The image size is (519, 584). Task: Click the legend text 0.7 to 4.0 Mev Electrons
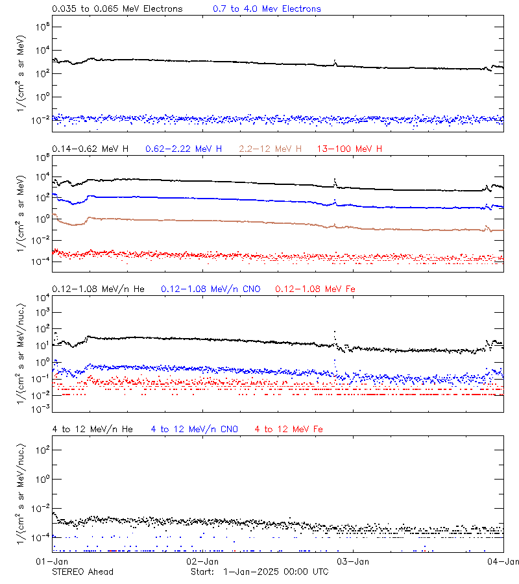(x=267, y=9)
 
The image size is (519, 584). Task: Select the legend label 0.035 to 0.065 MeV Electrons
(x=117, y=9)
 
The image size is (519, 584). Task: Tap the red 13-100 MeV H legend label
(x=350, y=149)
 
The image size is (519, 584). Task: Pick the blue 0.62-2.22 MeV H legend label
(x=184, y=149)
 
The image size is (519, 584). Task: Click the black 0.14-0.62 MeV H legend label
(x=90, y=149)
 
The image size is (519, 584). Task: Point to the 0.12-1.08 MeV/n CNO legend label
(x=211, y=288)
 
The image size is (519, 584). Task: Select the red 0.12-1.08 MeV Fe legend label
(x=315, y=288)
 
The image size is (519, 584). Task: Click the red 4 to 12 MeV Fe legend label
(x=289, y=429)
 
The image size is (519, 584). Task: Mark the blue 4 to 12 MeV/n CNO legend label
(x=195, y=429)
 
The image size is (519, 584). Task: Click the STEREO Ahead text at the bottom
(x=82, y=572)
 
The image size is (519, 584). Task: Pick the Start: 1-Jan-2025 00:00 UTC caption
(x=259, y=572)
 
